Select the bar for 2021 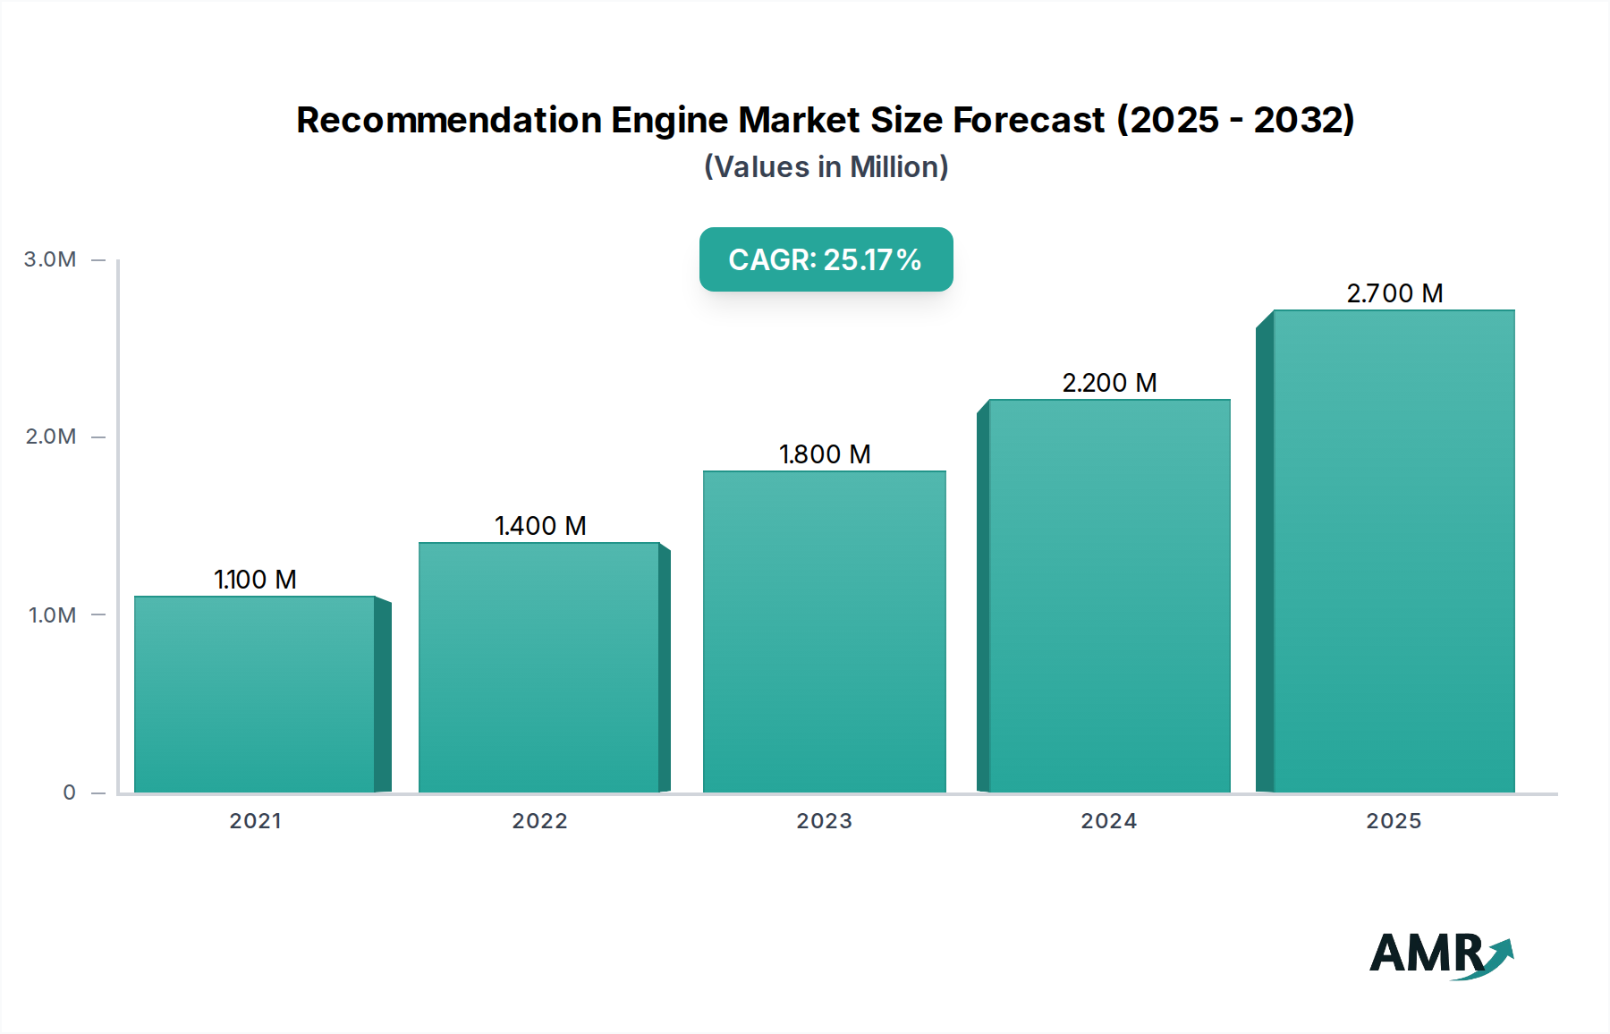(x=255, y=694)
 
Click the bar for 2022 (x=539, y=667)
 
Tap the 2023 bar (x=824, y=631)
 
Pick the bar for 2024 (x=1109, y=596)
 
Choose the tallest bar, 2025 (x=1394, y=551)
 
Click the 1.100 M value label (x=255, y=580)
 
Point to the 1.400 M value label (x=540, y=526)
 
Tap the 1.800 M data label (x=825, y=454)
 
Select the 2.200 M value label (x=1109, y=383)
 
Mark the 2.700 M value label (x=1394, y=293)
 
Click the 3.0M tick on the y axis (x=50, y=259)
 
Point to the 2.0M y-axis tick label (x=50, y=436)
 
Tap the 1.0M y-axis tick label (x=52, y=615)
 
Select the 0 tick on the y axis (x=69, y=792)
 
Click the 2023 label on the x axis (x=824, y=821)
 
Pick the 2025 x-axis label (x=1394, y=821)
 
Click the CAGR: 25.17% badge (x=826, y=259)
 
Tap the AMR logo (x=1440, y=954)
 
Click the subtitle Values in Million (x=826, y=167)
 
